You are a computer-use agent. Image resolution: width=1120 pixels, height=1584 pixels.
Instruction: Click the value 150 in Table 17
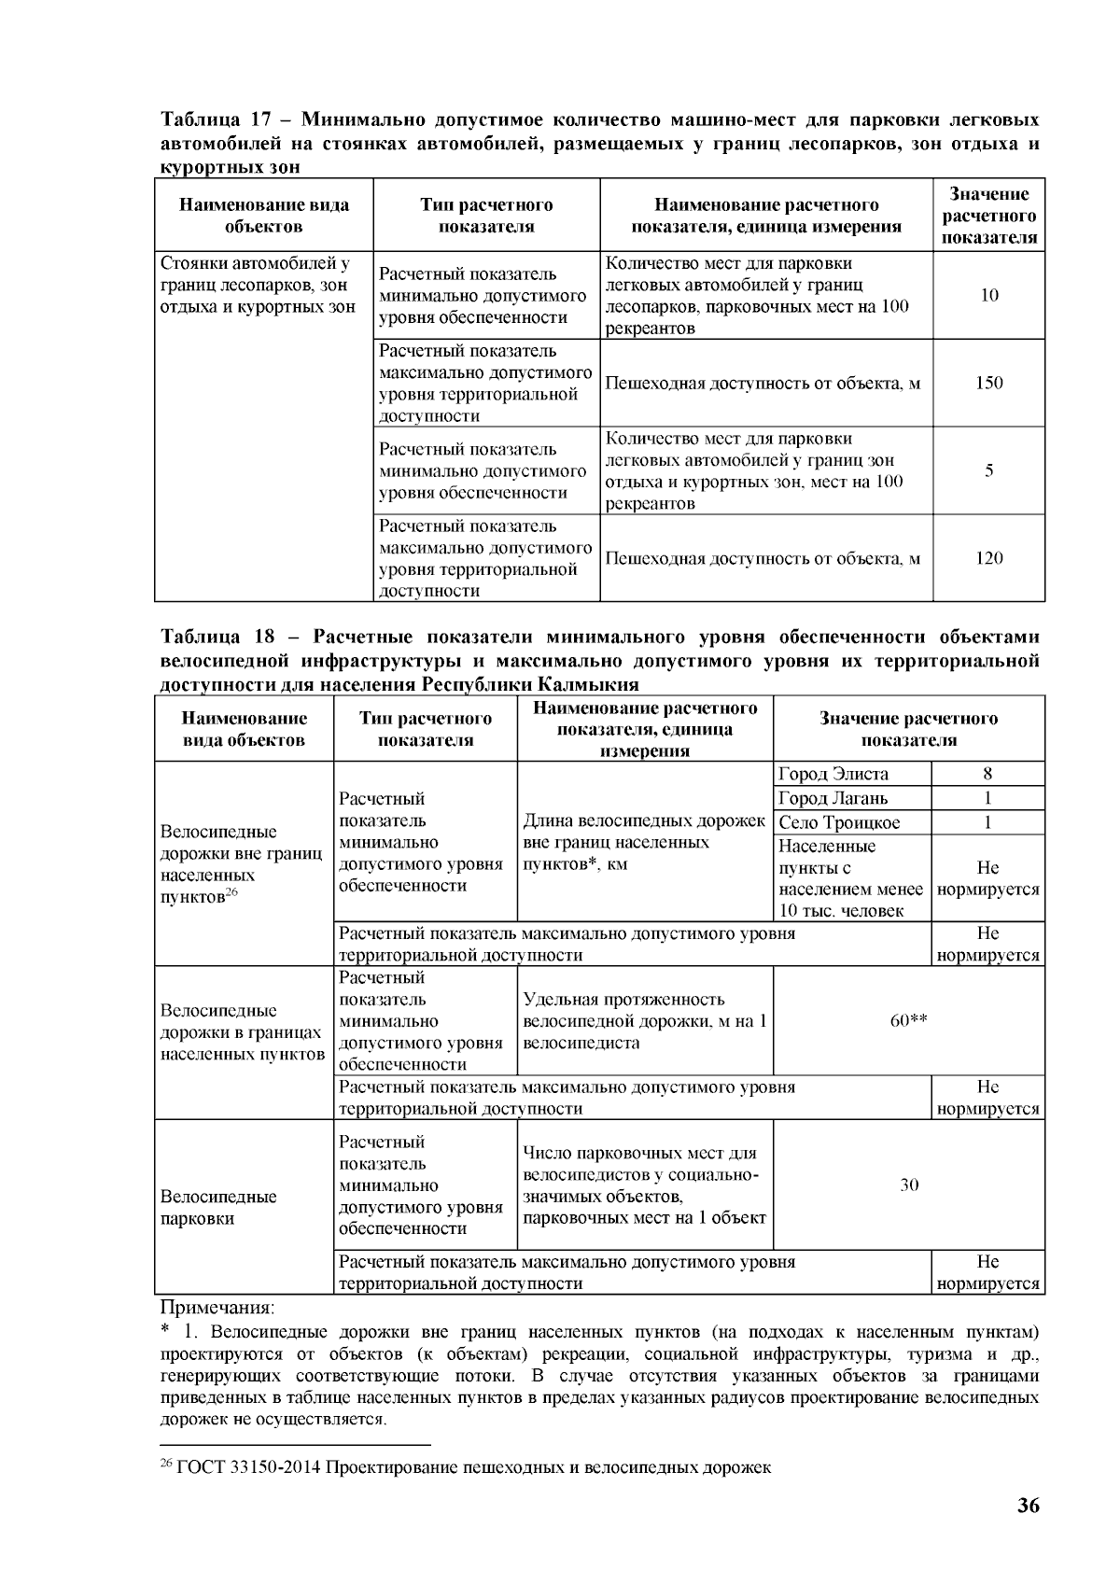(988, 383)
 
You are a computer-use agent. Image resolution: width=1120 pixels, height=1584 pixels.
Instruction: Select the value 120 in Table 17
(988, 558)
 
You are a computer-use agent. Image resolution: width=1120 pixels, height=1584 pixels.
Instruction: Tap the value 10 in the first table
(989, 295)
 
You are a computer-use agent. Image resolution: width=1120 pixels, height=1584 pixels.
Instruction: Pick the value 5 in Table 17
(988, 470)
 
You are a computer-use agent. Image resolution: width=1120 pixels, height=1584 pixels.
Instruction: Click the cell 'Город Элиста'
(833, 774)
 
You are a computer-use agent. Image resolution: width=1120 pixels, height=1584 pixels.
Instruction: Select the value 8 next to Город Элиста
(987, 774)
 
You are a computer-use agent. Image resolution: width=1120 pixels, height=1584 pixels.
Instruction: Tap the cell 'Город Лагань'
(833, 798)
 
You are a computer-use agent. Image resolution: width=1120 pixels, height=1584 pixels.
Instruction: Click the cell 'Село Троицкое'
(839, 822)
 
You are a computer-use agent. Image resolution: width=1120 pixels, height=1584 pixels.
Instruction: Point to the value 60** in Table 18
(908, 1020)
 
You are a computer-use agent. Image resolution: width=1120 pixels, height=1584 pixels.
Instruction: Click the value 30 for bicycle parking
(909, 1184)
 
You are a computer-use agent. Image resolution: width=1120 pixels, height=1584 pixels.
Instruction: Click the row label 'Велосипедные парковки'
(218, 1207)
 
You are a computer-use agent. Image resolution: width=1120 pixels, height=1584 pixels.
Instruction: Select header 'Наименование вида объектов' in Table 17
(264, 216)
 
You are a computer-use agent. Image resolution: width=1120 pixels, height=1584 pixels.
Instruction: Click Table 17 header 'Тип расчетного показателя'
(486, 216)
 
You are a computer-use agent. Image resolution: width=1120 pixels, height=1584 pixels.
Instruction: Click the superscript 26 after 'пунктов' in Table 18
(231, 893)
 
